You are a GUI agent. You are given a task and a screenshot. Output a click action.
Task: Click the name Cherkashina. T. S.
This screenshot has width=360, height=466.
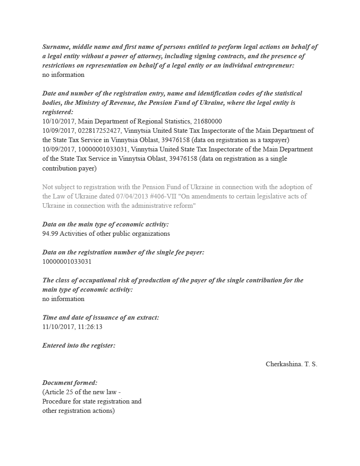[x=291, y=364]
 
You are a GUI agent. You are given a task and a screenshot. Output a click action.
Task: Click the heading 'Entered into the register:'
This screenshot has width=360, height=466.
[x=79, y=345]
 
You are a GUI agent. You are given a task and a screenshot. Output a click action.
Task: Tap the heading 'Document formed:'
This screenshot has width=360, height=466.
[x=70, y=383]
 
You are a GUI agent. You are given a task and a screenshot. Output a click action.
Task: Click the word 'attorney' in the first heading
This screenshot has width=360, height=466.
[x=144, y=56]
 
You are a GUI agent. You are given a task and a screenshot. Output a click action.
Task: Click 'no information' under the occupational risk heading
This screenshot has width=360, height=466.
[x=63, y=299]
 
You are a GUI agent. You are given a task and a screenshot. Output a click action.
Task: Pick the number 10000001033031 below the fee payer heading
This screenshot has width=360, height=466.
[x=67, y=261]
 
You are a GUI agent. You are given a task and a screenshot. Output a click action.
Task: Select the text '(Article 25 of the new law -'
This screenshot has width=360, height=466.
[x=82, y=392]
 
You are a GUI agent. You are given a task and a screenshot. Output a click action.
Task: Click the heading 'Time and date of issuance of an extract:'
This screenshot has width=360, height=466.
[x=101, y=317]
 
